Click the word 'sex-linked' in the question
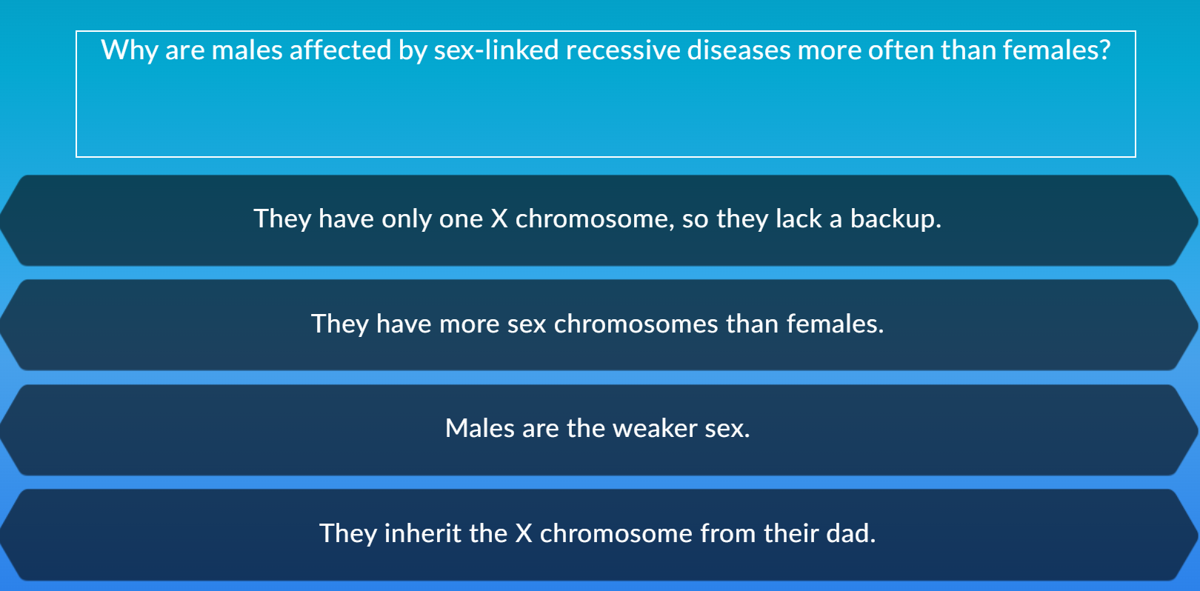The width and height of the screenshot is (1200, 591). pyautogui.click(x=496, y=50)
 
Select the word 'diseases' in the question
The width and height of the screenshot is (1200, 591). pyautogui.click(x=739, y=50)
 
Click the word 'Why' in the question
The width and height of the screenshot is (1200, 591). pyautogui.click(x=129, y=50)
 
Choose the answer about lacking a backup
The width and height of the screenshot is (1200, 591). pyautogui.click(x=599, y=220)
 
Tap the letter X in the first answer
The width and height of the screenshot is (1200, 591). pyautogui.click(x=499, y=219)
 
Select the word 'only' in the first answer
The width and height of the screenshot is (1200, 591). pyautogui.click(x=407, y=219)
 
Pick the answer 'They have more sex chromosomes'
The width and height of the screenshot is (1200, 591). pyautogui.click(x=599, y=324)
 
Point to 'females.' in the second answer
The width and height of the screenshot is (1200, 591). pyautogui.click(x=835, y=324)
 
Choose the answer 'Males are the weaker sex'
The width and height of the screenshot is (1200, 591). pyautogui.click(x=599, y=430)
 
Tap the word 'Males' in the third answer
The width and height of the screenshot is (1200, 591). pyautogui.click(x=480, y=429)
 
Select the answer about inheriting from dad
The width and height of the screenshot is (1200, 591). pyautogui.click(x=599, y=535)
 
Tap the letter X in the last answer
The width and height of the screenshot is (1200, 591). pyautogui.click(x=524, y=534)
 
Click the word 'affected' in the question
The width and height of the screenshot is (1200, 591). pyautogui.click(x=340, y=50)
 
